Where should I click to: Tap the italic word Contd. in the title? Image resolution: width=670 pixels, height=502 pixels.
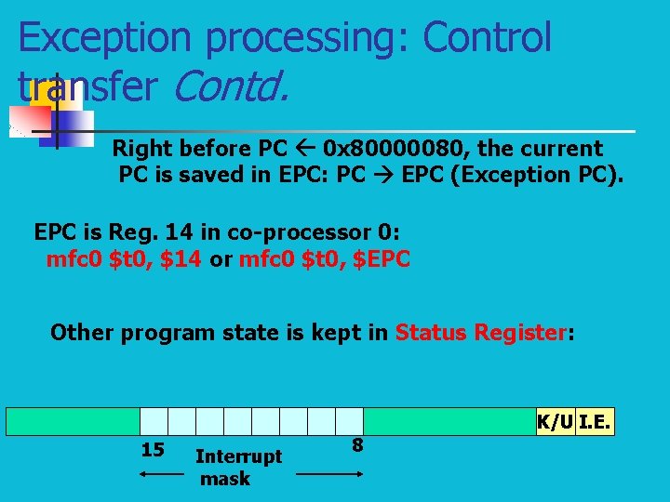click(x=230, y=86)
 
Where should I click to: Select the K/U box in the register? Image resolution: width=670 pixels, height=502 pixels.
click(x=555, y=421)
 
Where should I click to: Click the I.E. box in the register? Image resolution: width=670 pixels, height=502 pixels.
click(x=596, y=421)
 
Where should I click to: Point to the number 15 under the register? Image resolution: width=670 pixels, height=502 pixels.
click(x=152, y=451)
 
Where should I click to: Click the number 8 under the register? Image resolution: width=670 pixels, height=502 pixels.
click(x=356, y=445)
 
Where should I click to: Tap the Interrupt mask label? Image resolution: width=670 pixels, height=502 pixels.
click(x=237, y=467)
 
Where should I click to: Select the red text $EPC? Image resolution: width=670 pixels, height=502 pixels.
click(x=382, y=258)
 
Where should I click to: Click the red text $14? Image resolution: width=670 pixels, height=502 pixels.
click(x=181, y=258)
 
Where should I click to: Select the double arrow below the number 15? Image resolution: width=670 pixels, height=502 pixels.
click(x=162, y=474)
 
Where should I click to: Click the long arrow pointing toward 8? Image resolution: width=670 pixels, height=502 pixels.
click(x=330, y=474)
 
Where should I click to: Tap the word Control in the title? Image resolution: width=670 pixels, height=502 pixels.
click(x=487, y=38)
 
